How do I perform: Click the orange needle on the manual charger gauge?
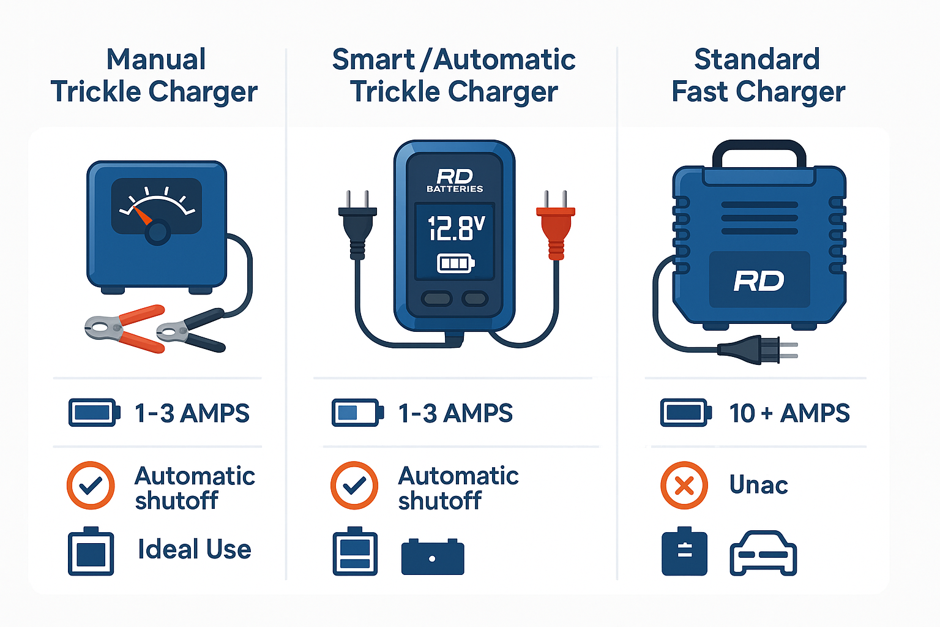click(142, 216)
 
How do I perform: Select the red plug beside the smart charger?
click(556, 227)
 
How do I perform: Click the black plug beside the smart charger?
click(357, 227)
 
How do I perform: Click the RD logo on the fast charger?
click(759, 281)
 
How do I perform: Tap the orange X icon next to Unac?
click(684, 486)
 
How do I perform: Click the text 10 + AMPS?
click(789, 413)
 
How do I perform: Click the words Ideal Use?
click(194, 549)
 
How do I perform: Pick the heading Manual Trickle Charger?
click(154, 76)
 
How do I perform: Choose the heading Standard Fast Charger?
click(758, 76)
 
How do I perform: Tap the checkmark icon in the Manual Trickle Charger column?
click(91, 486)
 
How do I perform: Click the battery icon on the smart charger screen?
click(455, 263)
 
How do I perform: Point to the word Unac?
click(758, 485)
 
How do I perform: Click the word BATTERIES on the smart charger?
click(455, 189)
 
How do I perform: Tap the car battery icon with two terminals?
click(433, 557)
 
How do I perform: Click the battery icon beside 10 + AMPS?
click(685, 413)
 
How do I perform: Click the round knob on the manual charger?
click(157, 232)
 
